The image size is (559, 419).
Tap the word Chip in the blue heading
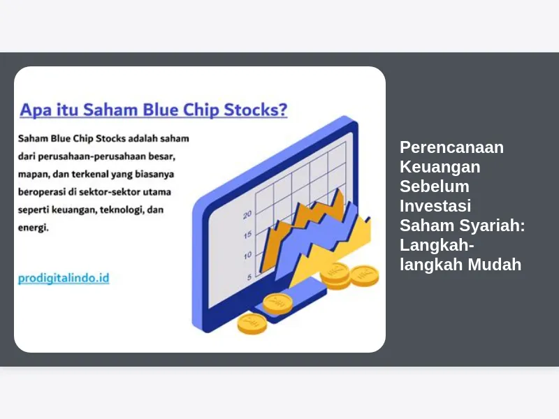(x=201, y=110)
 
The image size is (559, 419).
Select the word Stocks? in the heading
(x=255, y=110)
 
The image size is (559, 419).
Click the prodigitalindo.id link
(x=64, y=278)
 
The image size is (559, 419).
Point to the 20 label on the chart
(x=247, y=215)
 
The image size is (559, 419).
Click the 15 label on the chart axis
(x=248, y=235)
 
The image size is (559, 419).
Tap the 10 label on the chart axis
(x=248, y=256)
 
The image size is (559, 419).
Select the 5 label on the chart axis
(x=249, y=277)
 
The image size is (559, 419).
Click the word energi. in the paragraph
(x=33, y=228)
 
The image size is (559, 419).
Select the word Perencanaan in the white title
(x=451, y=147)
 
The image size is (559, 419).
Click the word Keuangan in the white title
(x=440, y=167)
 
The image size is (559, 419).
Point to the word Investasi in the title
(x=435, y=205)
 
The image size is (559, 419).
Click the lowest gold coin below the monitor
(x=252, y=324)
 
